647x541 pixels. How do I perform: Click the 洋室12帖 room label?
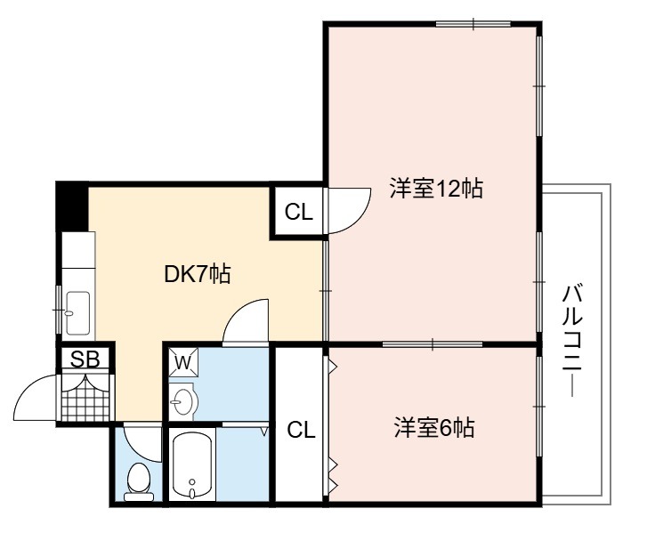click(x=436, y=189)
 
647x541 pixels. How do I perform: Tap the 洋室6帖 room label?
click(x=434, y=427)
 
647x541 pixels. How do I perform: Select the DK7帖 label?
click(x=198, y=273)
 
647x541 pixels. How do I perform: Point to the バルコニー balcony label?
click(x=572, y=341)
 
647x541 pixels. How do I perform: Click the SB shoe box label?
click(x=85, y=359)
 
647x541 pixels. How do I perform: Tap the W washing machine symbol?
click(x=183, y=362)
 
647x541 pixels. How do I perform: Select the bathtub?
click(x=192, y=465)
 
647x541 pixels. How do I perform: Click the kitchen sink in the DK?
click(x=78, y=313)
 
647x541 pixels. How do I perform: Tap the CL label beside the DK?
click(x=299, y=212)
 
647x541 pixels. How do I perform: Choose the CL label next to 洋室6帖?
click(x=301, y=430)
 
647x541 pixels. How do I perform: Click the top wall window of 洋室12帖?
click(x=473, y=24)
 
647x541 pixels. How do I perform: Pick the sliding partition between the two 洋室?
click(x=433, y=343)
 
